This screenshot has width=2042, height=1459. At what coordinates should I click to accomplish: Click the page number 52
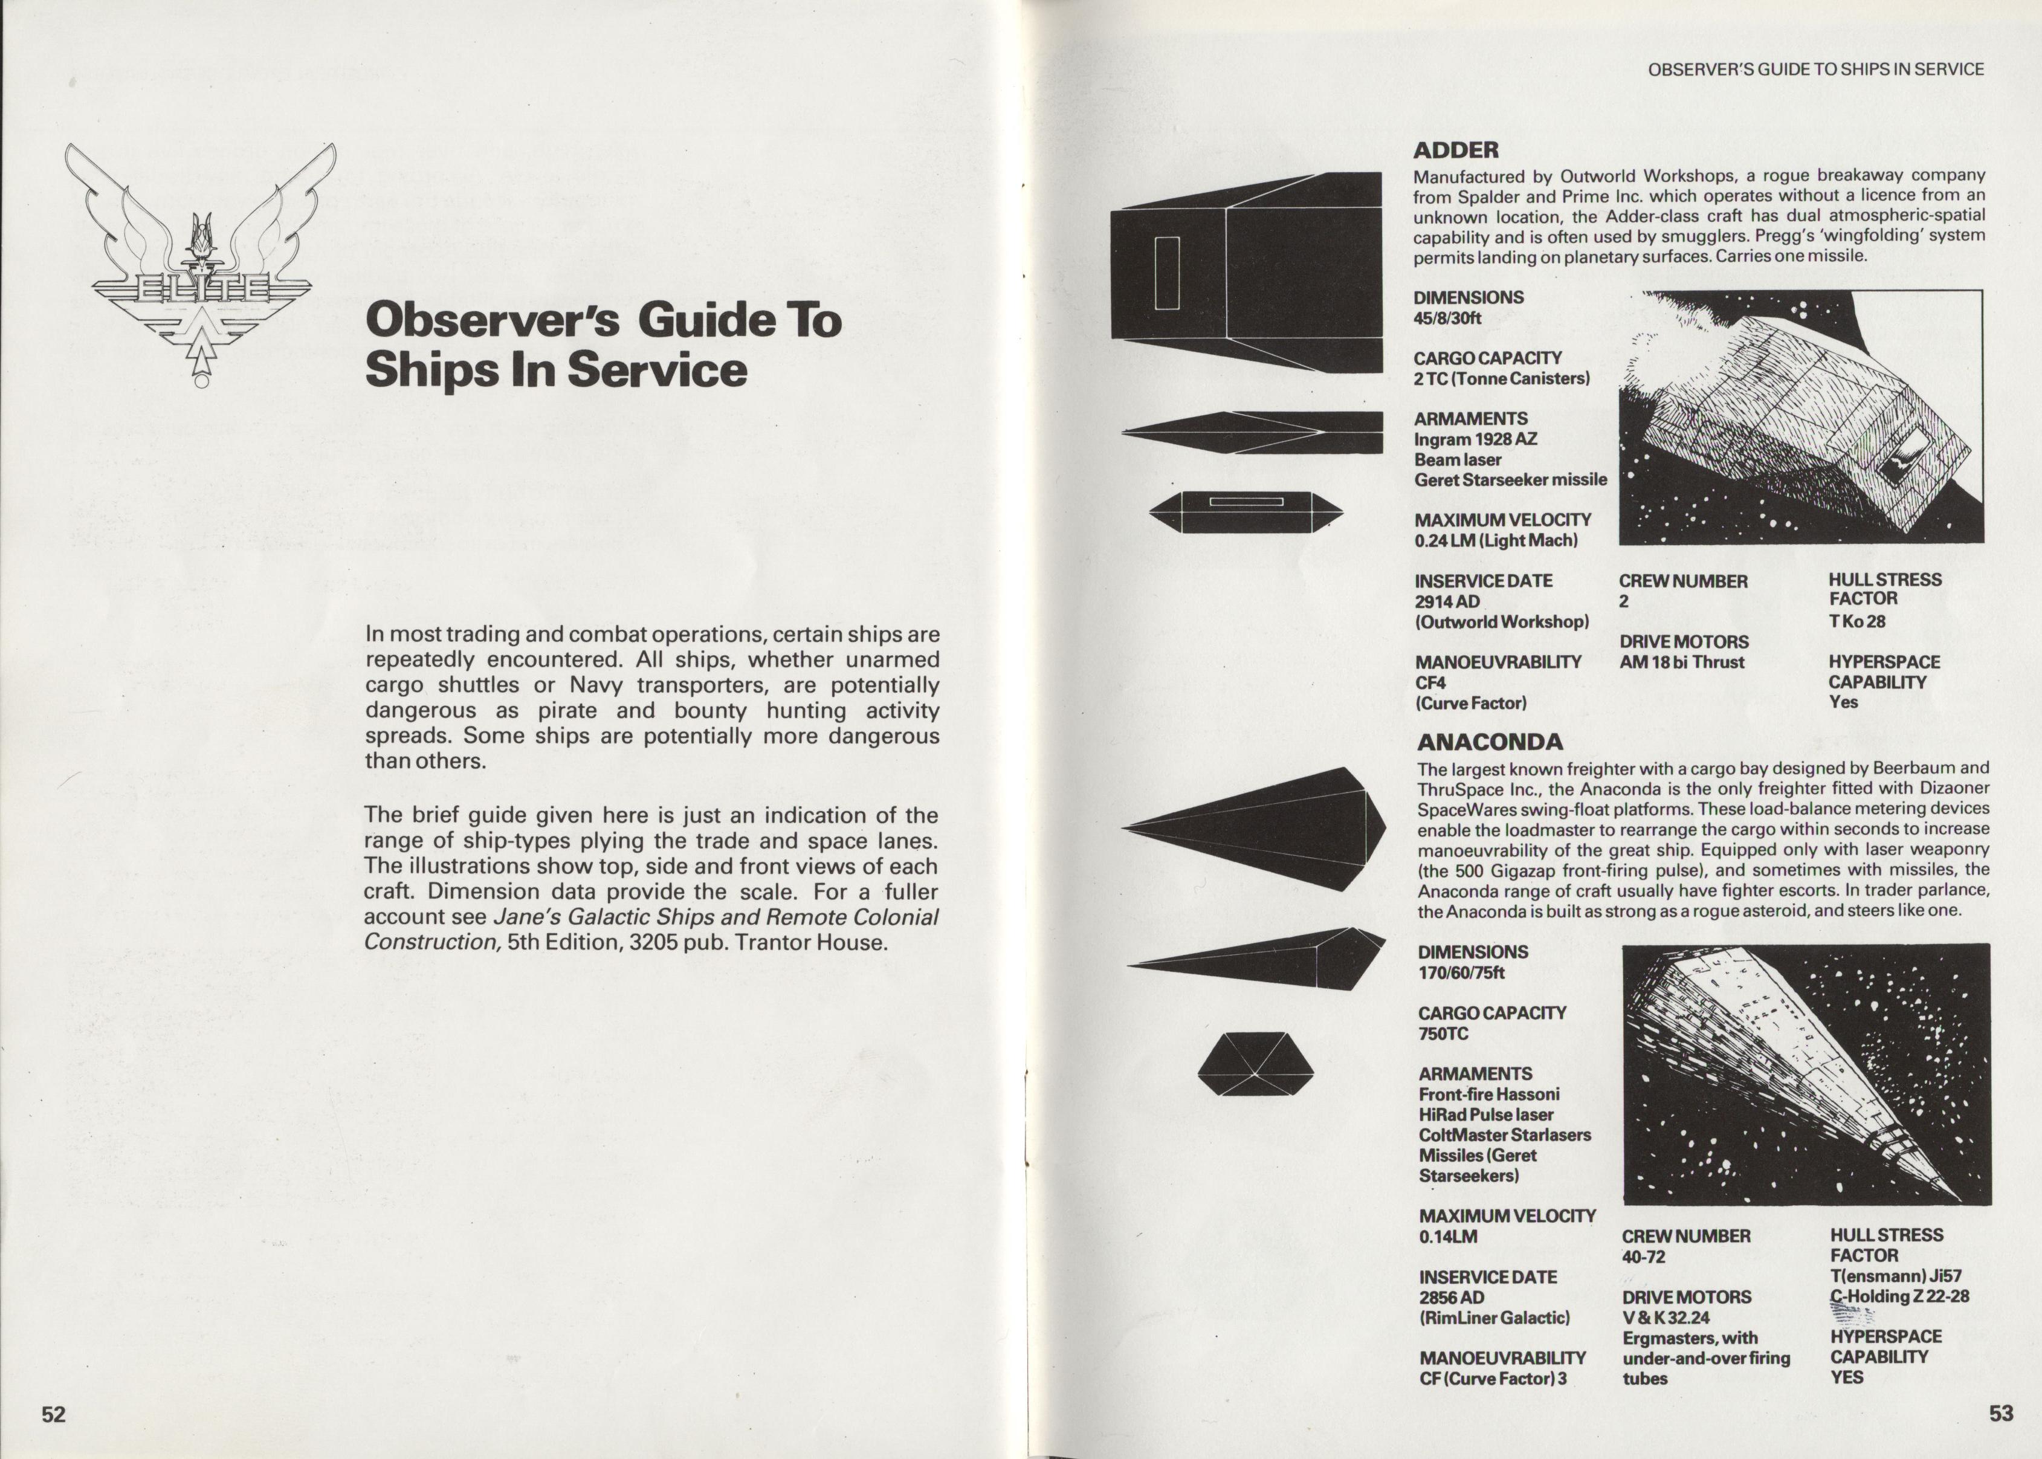[x=54, y=1414]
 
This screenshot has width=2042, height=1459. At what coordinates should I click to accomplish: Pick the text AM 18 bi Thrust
[x=1681, y=662]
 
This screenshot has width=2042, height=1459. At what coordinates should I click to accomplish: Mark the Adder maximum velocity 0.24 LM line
[x=1496, y=540]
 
